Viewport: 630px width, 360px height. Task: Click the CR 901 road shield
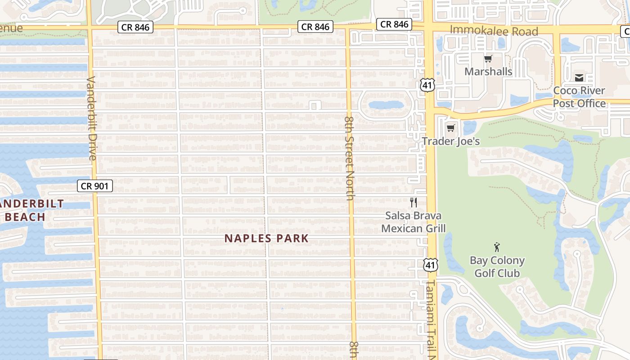pyautogui.click(x=94, y=185)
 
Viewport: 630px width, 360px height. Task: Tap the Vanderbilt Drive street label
pyautogui.click(x=92, y=118)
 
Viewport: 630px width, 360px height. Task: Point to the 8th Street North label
pyautogui.click(x=350, y=158)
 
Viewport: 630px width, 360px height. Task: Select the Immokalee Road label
pyautogui.click(x=494, y=31)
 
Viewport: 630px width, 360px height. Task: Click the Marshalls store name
pyautogui.click(x=488, y=72)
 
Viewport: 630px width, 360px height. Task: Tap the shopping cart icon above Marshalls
pyautogui.click(x=488, y=58)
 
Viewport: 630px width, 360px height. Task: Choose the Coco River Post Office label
pyautogui.click(x=579, y=97)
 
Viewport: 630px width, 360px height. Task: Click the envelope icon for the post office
pyautogui.click(x=579, y=78)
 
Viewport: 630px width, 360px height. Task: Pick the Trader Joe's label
pyautogui.click(x=450, y=141)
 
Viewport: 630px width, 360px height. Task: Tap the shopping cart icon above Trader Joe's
pyautogui.click(x=450, y=128)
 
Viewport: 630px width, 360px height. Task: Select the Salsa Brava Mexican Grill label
pyautogui.click(x=413, y=222)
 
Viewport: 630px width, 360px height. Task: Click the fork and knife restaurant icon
pyautogui.click(x=414, y=202)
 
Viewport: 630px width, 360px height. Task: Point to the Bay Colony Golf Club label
pyautogui.click(x=497, y=266)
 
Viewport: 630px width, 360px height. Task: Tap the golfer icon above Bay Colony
pyautogui.click(x=497, y=247)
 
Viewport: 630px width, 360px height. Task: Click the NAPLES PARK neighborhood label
pyautogui.click(x=266, y=238)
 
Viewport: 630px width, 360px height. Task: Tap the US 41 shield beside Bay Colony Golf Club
pyautogui.click(x=431, y=265)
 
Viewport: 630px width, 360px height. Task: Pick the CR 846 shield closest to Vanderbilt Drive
pyautogui.click(x=135, y=27)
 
